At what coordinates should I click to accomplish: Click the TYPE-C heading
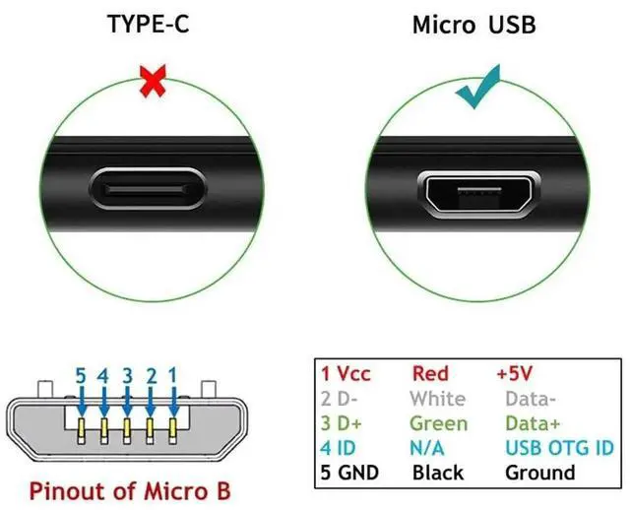click(150, 24)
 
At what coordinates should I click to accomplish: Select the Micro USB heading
click(474, 24)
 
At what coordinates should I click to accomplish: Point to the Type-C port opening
click(151, 187)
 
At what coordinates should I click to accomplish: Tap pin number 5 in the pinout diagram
click(82, 374)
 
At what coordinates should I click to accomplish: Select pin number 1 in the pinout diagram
click(172, 374)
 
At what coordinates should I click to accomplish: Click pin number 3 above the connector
click(127, 374)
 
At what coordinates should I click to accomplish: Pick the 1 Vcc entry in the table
click(346, 373)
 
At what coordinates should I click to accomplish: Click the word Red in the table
click(429, 373)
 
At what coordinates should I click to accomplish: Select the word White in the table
click(438, 398)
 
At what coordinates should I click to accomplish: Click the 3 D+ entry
click(343, 422)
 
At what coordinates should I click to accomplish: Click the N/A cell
click(430, 447)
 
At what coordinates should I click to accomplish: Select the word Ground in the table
click(539, 472)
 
